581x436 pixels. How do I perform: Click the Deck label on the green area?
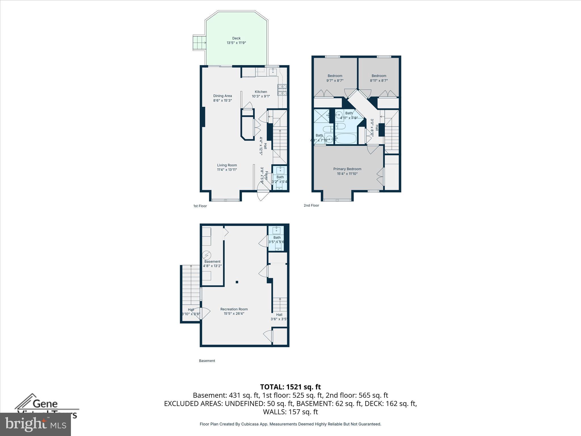point(236,38)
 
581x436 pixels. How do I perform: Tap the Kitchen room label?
point(261,92)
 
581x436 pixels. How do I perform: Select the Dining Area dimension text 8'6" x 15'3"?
point(222,100)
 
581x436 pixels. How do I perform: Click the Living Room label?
point(227,165)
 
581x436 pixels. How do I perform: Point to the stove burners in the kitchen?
point(282,90)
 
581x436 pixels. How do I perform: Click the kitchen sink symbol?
point(273,72)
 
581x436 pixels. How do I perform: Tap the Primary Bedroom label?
point(347,169)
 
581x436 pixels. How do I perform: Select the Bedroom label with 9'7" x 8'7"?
point(335,76)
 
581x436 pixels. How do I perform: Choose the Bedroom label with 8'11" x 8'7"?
point(379,76)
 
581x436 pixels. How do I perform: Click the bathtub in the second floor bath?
point(346,139)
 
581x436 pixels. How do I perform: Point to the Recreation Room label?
point(234,309)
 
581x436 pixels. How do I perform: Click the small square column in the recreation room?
point(237,282)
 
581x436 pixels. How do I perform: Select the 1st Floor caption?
point(200,206)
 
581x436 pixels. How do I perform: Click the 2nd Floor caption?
point(311,205)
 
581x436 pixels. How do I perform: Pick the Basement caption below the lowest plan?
point(207,361)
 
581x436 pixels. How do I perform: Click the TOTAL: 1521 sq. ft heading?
point(290,387)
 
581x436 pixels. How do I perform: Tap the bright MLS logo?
point(35,424)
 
